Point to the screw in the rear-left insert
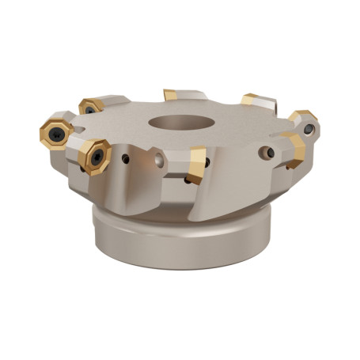pos(89,108)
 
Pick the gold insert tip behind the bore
pos(170,95)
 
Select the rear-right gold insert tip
pos(251,100)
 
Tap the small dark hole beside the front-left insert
pos(126,159)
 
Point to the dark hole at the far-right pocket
pos(309,130)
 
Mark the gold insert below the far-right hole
pos(294,150)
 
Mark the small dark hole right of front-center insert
pos(209,163)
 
